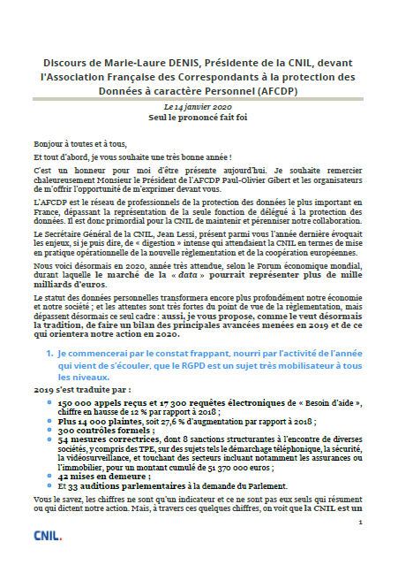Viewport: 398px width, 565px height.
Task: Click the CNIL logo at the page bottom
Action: (x=47, y=535)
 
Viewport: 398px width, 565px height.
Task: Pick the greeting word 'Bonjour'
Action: (x=49, y=143)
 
